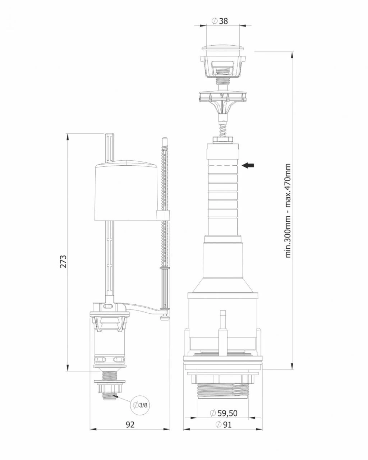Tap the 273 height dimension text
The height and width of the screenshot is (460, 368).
63,261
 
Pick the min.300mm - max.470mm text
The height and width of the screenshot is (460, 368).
288,211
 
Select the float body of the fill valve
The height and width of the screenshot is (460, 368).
126,192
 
